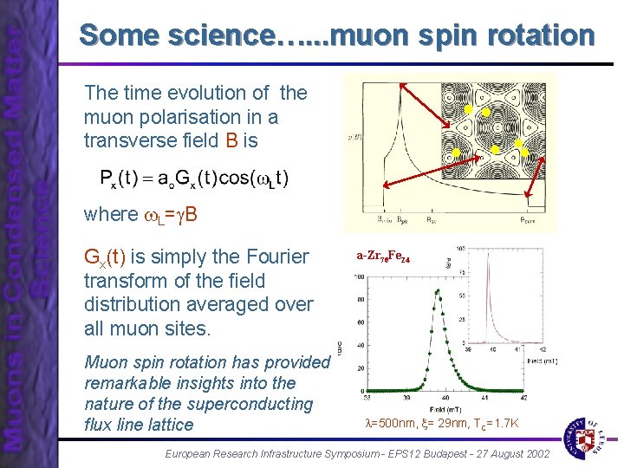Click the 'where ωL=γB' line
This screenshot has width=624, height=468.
140,213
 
